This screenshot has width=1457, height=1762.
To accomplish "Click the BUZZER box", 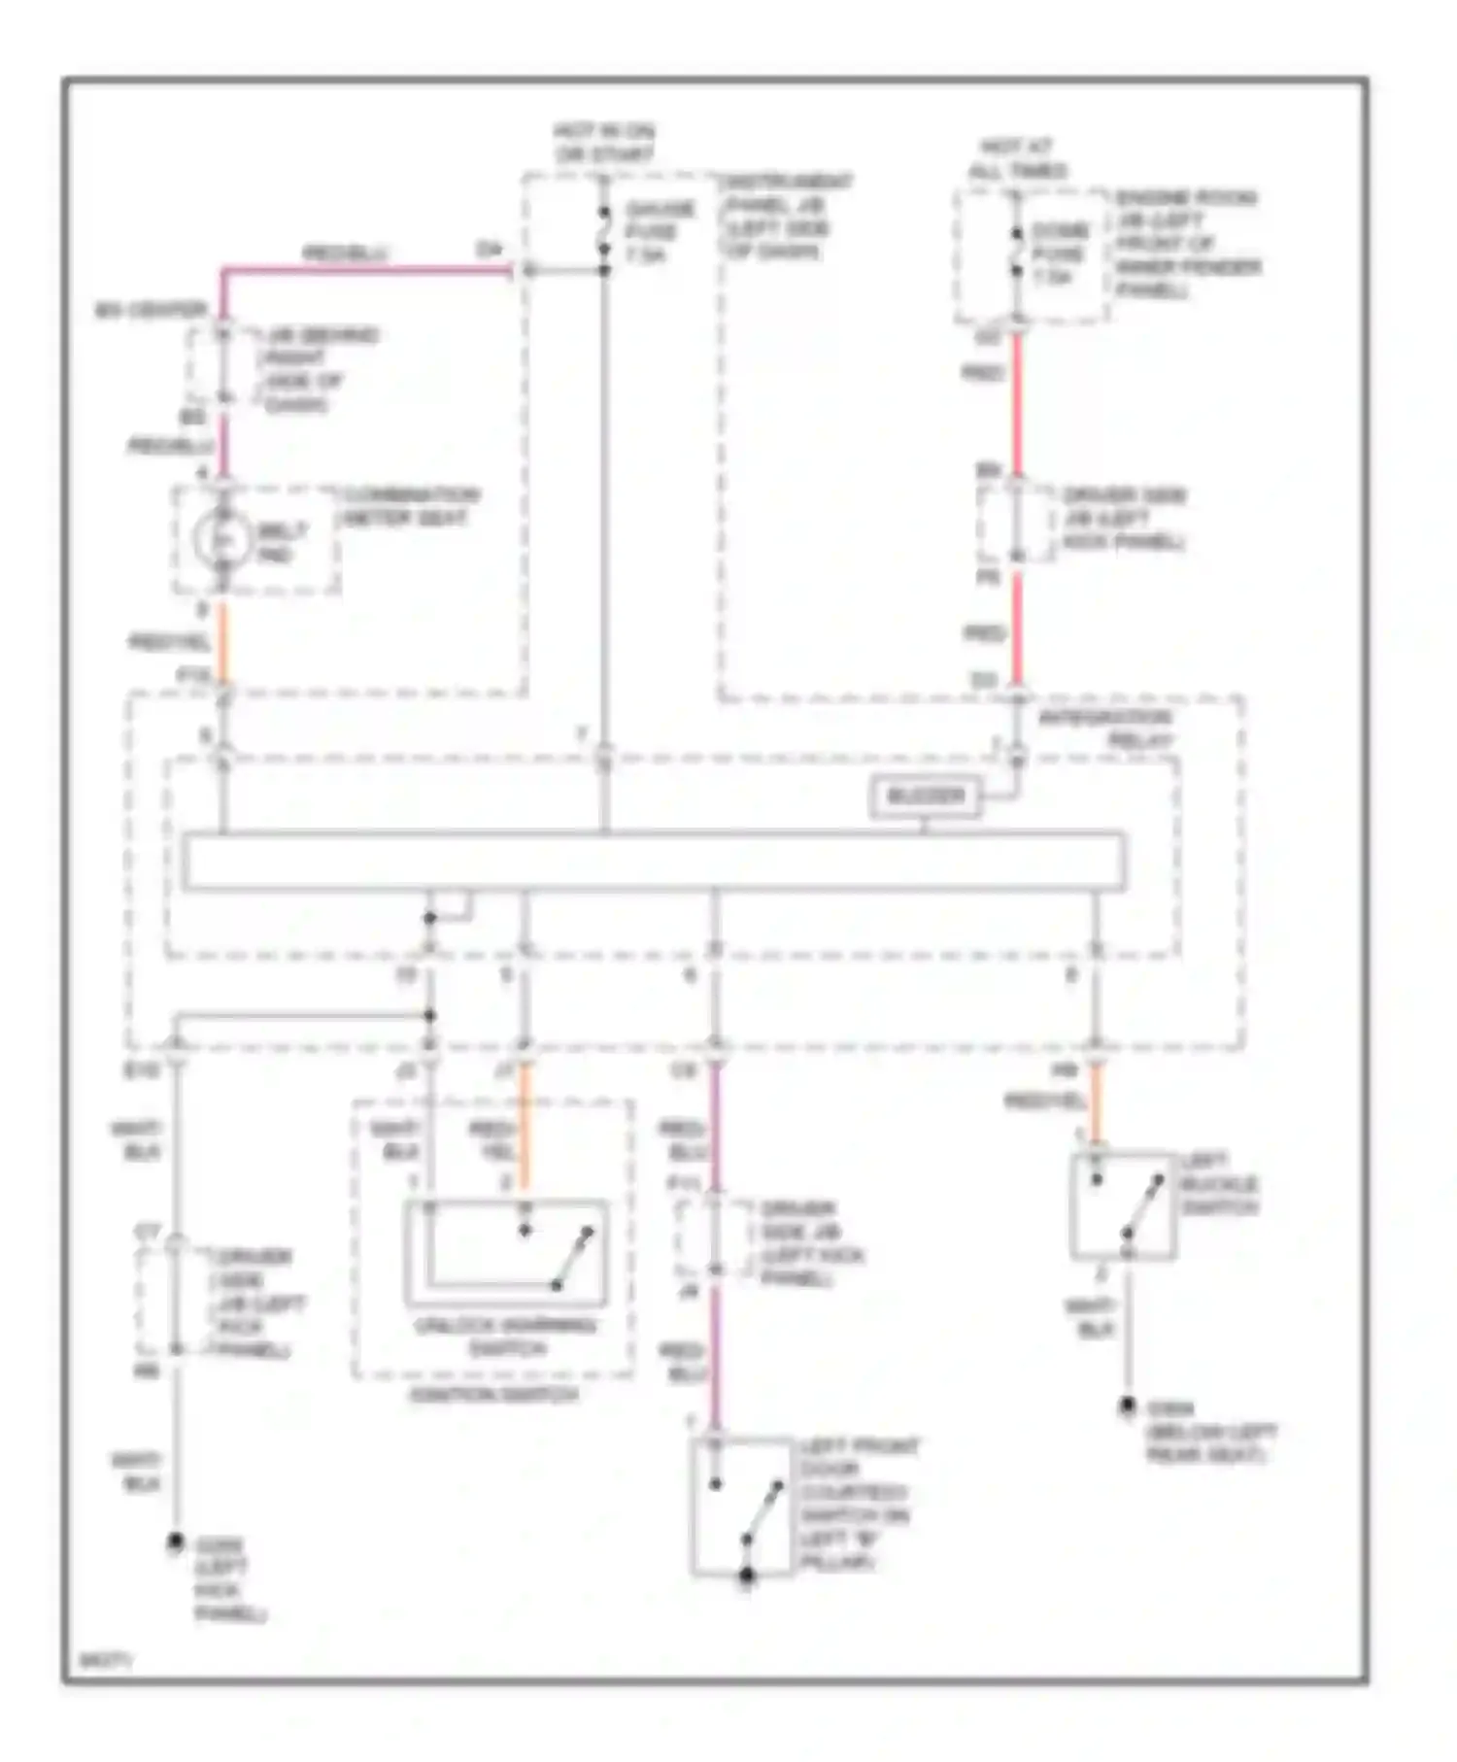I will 924,797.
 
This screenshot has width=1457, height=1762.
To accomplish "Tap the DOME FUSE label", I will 1059,254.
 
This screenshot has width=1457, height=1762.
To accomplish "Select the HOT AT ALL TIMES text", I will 1018,159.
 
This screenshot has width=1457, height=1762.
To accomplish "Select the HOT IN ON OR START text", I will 604,143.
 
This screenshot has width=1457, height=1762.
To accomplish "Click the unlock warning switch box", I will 505,1253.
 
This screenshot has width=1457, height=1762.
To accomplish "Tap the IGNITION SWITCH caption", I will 493,1394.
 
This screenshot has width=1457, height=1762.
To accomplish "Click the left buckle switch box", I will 1123,1207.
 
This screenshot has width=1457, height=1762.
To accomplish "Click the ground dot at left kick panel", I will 176,1542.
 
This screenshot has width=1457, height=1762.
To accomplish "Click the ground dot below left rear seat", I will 1127,1406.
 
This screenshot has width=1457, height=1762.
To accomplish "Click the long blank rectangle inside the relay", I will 654,861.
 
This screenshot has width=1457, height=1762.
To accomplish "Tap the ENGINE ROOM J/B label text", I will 1187,243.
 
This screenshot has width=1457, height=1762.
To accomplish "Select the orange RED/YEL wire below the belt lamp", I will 222,641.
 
